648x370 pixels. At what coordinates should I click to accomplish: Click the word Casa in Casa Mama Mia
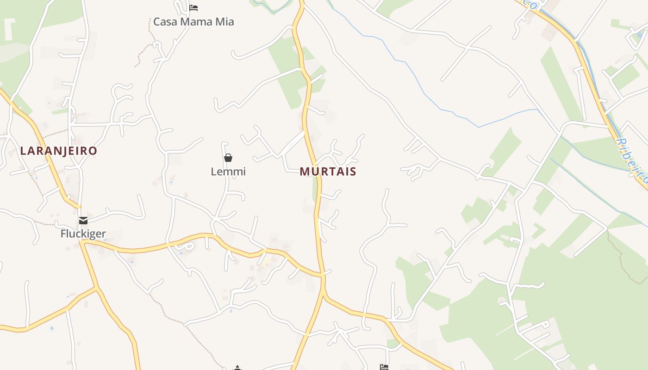click(163, 22)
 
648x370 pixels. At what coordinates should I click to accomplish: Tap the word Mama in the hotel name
click(194, 22)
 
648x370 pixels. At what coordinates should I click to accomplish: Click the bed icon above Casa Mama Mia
click(193, 8)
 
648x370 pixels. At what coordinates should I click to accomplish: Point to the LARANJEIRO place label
click(59, 151)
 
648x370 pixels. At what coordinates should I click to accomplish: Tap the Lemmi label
click(228, 172)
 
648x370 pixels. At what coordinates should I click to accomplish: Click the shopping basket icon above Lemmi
click(228, 158)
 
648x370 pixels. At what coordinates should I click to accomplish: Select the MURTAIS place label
click(328, 172)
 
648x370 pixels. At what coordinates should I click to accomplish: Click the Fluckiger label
click(83, 234)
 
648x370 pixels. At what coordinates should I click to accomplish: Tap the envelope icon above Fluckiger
click(83, 221)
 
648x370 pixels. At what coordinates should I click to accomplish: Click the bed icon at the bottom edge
click(384, 367)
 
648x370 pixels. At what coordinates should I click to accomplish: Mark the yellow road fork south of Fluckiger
click(97, 288)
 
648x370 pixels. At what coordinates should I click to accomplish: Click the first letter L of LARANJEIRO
click(23, 151)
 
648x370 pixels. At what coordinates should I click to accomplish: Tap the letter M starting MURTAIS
click(305, 172)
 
